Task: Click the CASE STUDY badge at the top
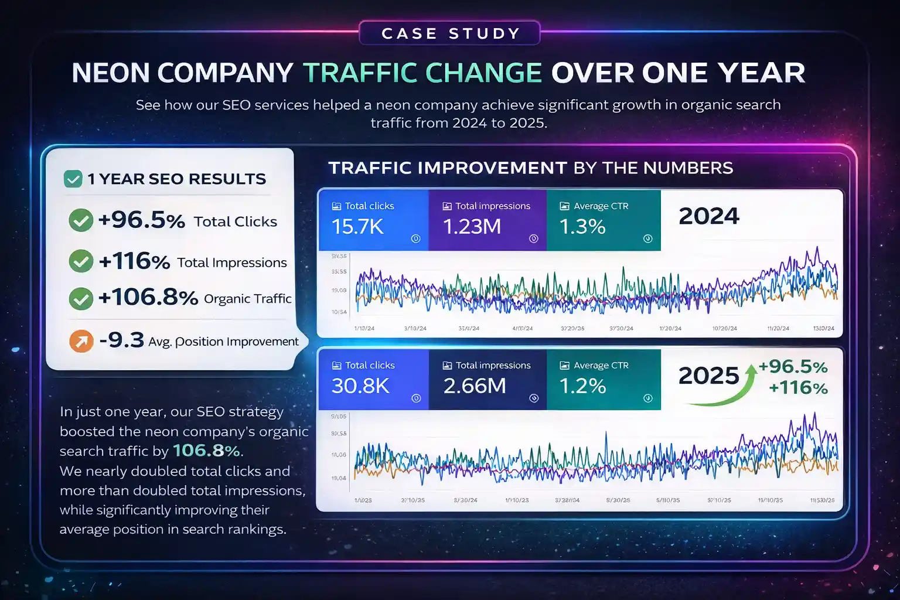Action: click(x=449, y=33)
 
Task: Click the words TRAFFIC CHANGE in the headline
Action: click(x=422, y=73)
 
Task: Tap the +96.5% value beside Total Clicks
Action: click(x=141, y=220)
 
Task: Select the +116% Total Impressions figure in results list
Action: click(x=134, y=261)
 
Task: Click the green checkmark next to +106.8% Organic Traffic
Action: click(x=81, y=298)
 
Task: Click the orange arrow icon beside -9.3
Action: click(x=81, y=341)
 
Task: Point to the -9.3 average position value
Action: click(x=121, y=340)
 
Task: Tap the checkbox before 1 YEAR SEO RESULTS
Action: click(x=73, y=179)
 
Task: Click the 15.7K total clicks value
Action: click(x=357, y=227)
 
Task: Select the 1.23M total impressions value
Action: click(x=472, y=227)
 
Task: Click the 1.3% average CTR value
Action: click(x=582, y=227)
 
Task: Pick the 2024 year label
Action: click(x=709, y=216)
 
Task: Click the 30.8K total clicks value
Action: click(x=360, y=386)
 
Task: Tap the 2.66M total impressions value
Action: click(x=474, y=386)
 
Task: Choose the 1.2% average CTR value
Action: click(x=582, y=386)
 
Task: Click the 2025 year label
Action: click(x=708, y=376)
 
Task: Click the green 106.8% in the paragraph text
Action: click(x=206, y=451)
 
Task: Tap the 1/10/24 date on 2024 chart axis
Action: click(x=364, y=329)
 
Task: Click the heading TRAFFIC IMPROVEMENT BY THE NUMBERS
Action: click(x=530, y=168)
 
